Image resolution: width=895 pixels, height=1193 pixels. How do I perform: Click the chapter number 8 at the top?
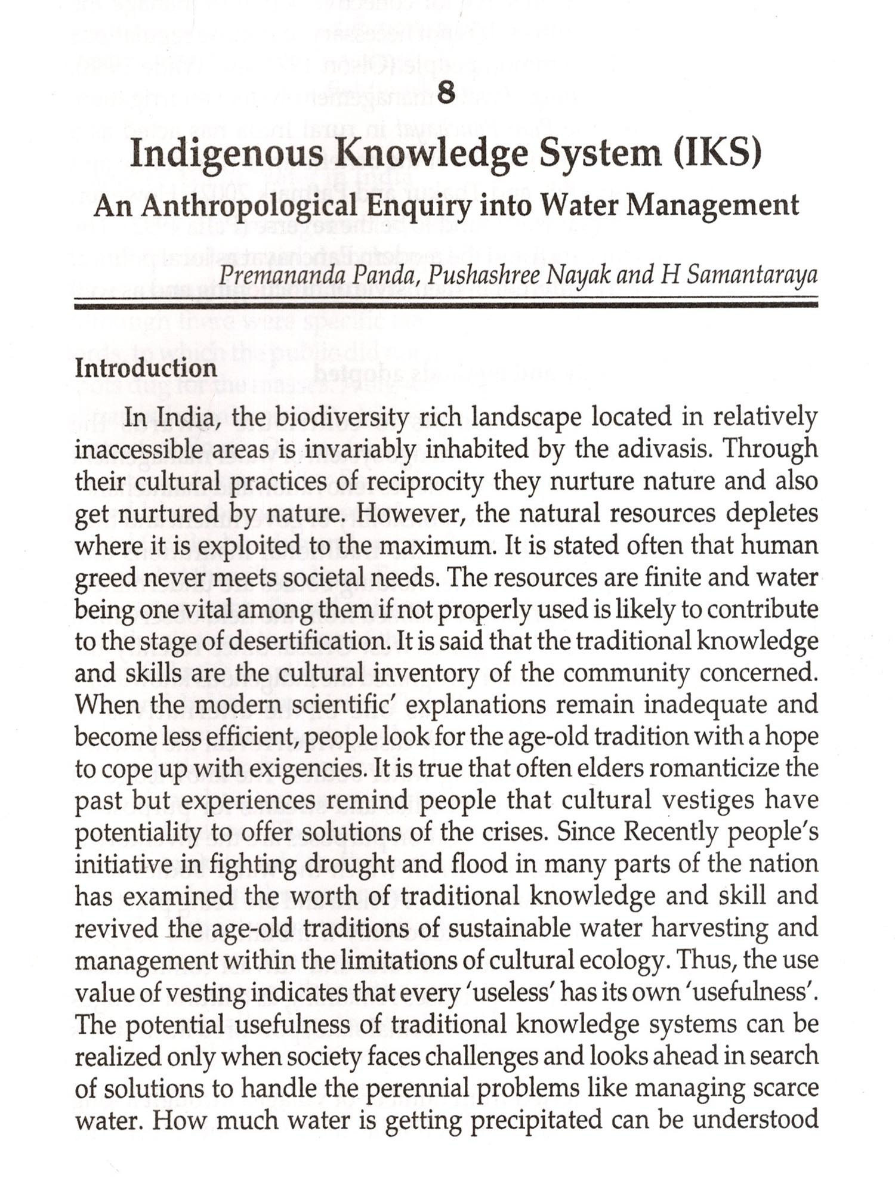446,93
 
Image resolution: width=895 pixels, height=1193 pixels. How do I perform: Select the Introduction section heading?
146,368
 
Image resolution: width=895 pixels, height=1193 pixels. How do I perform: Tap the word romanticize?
713,769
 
